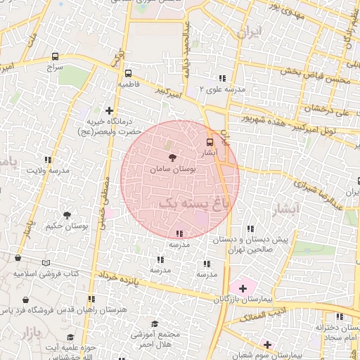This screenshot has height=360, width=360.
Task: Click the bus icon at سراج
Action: coord(56,56)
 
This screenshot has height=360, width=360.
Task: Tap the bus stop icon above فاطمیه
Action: coord(128,73)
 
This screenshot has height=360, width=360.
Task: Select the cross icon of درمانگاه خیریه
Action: coord(109,110)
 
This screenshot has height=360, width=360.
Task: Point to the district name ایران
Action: coord(249,32)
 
